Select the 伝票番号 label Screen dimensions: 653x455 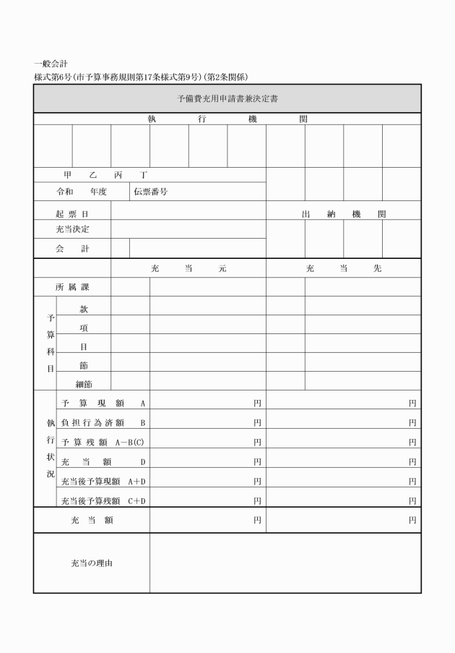[x=150, y=192]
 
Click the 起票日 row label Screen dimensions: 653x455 [x=72, y=215]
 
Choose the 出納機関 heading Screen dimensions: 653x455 [x=343, y=215]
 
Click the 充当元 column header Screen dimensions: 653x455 [x=188, y=268]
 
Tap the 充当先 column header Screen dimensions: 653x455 [x=343, y=268]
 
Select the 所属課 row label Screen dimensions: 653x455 [x=72, y=287]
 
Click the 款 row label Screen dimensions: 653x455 [x=84, y=309]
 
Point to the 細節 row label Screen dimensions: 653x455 [x=84, y=384]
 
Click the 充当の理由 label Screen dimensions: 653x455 [x=92, y=563]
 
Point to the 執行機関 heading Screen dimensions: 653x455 [x=227, y=119]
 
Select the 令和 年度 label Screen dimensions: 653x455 [x=82, y=192]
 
